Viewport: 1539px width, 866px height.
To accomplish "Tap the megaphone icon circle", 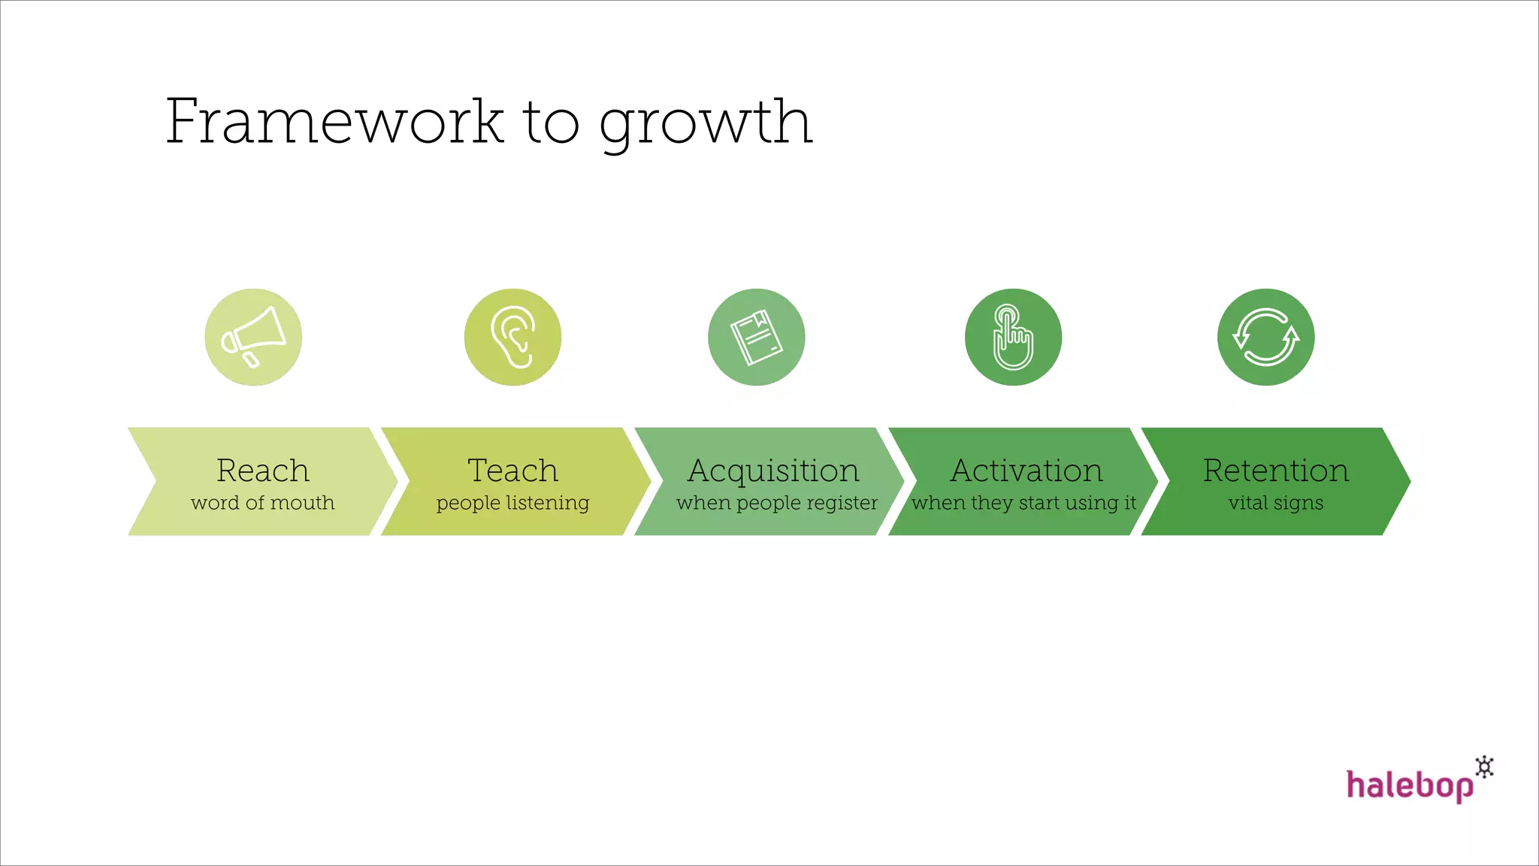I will coord(253,337).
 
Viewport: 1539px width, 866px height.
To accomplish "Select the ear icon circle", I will coord(512,337).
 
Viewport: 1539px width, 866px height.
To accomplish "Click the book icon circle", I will coord(756,337).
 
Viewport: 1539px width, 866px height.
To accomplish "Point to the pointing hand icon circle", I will coord(1013,337).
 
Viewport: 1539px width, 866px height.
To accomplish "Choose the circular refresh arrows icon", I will coord(1265,337).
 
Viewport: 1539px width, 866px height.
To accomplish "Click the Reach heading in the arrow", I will coord(262,471).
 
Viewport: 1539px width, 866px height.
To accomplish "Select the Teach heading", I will coord(512,471).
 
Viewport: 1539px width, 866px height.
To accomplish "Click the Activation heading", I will coord(1027,471).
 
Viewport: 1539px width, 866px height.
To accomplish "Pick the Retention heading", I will coord(1275,471).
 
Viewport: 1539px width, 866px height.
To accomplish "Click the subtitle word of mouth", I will coord(262,502).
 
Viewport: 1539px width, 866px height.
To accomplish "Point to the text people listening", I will coord(512,503).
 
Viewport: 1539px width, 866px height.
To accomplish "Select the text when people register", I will coord(776,503).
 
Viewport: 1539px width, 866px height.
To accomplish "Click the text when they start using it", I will coord(1023,503).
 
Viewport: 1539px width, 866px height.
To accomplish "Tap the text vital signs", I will coord(1275,503).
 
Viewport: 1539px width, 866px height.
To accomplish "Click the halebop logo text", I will coord(1409,786).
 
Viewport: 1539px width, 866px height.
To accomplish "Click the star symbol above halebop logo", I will coord(1484,767).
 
